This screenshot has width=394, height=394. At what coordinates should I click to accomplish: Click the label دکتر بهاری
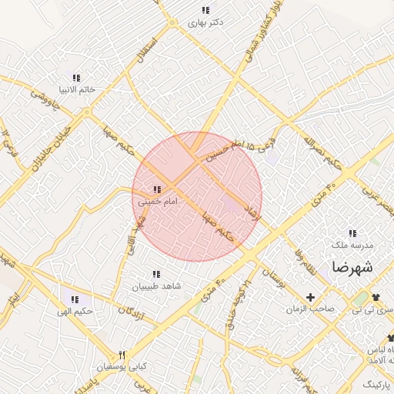pyautogui.click(x=205, y=22)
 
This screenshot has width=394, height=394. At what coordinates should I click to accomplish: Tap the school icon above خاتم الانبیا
pyautogui.click(x=75, y=78)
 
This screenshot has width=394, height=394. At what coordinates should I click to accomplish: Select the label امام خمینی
pyautogui.click(x=158, y=201)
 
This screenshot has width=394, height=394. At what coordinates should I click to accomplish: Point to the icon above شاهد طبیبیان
pyautogui.click(x=156, y=274)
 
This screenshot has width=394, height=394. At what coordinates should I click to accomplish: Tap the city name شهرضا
pyautogui.click(x=352, y=267)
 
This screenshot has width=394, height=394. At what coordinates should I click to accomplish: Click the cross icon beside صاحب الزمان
pyautogui.click(x=311, y=297)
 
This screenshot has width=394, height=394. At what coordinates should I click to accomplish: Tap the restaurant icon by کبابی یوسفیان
pyautogui.click(x=121, y=354)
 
